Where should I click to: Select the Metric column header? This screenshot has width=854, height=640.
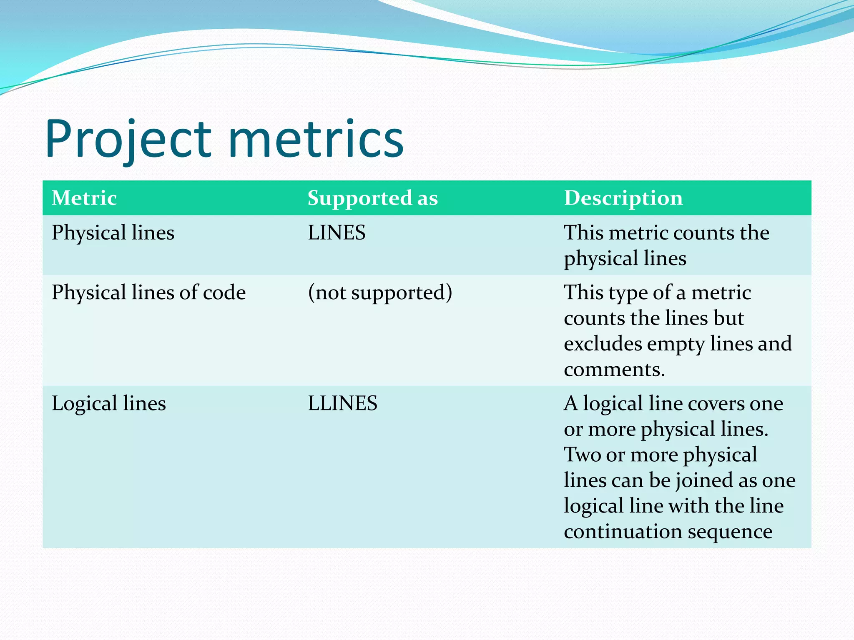[x=84, y=198]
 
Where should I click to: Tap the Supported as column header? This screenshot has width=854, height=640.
[x=372, y=198]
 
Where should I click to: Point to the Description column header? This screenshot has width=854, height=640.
[x=623, y=198]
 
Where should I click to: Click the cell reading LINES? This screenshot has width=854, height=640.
[x=337, y=232]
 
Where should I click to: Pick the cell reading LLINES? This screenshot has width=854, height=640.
[x=342, y=403]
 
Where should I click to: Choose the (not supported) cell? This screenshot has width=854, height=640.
[x=380, y=292]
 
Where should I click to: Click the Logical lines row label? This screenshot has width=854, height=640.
[x=108, y=403]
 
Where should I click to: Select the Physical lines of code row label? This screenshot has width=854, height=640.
[x=148, y=292]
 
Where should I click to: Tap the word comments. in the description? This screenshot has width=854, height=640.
[x=614, y=370]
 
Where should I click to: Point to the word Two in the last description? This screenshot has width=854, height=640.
[x=582, y=455]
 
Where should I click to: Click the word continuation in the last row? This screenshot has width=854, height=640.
[x=622, y=532]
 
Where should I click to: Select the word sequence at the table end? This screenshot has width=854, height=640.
[x=730, y=532]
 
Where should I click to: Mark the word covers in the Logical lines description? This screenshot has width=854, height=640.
[x=716, y=403]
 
